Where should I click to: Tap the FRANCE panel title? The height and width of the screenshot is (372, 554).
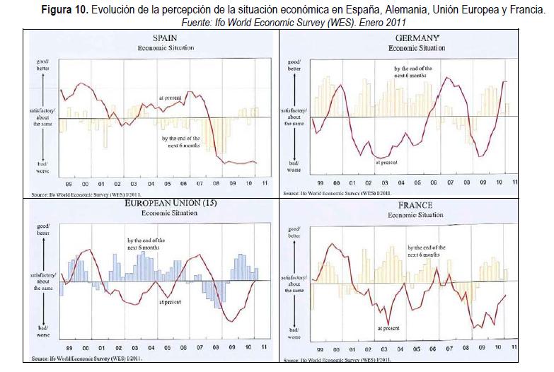pos(415,205)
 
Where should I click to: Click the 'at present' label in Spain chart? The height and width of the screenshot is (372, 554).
pos(171,98)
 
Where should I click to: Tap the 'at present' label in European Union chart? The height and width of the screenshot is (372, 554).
pos(171,302)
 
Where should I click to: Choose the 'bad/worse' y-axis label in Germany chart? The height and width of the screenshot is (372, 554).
pos(294,167)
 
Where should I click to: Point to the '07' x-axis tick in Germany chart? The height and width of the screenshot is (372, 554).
pos(450,182)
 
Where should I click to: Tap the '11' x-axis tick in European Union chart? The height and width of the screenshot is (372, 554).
pos(263,348)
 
